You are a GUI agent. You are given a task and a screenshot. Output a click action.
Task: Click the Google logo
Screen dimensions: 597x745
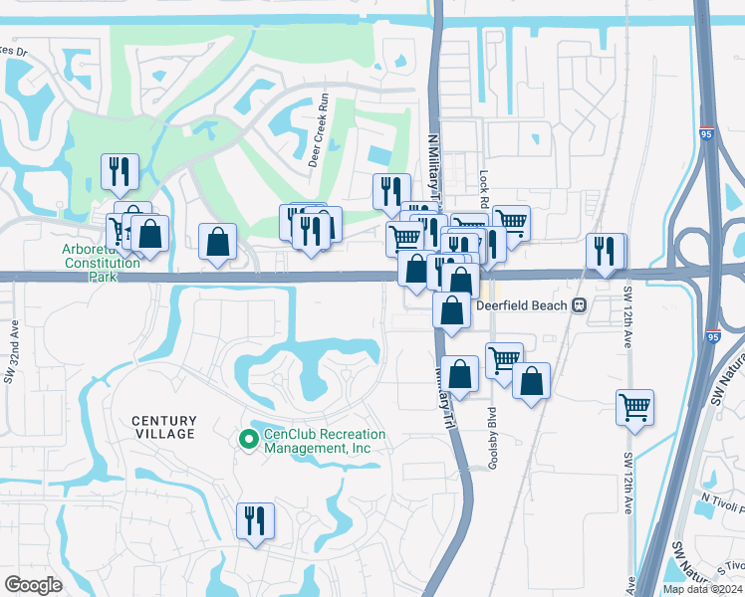[x=33, y=585]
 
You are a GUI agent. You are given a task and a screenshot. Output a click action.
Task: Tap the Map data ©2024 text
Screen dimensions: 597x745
[x=702, y=589]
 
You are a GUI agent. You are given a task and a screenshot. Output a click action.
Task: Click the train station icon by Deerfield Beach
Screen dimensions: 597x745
[x=579, y=305]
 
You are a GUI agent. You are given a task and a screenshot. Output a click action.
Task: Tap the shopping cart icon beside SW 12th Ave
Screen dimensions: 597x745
[x=634, y=406]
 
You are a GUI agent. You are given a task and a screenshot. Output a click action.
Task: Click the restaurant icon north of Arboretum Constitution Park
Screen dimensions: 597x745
[x=120, y=171]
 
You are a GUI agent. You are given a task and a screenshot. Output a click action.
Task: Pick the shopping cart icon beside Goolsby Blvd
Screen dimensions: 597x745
[x=505, y=359]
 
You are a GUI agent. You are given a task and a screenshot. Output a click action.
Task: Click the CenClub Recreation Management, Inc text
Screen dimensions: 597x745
[x=317, y=442]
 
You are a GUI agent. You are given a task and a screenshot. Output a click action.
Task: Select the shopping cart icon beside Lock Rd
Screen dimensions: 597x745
[x=510, y=221]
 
